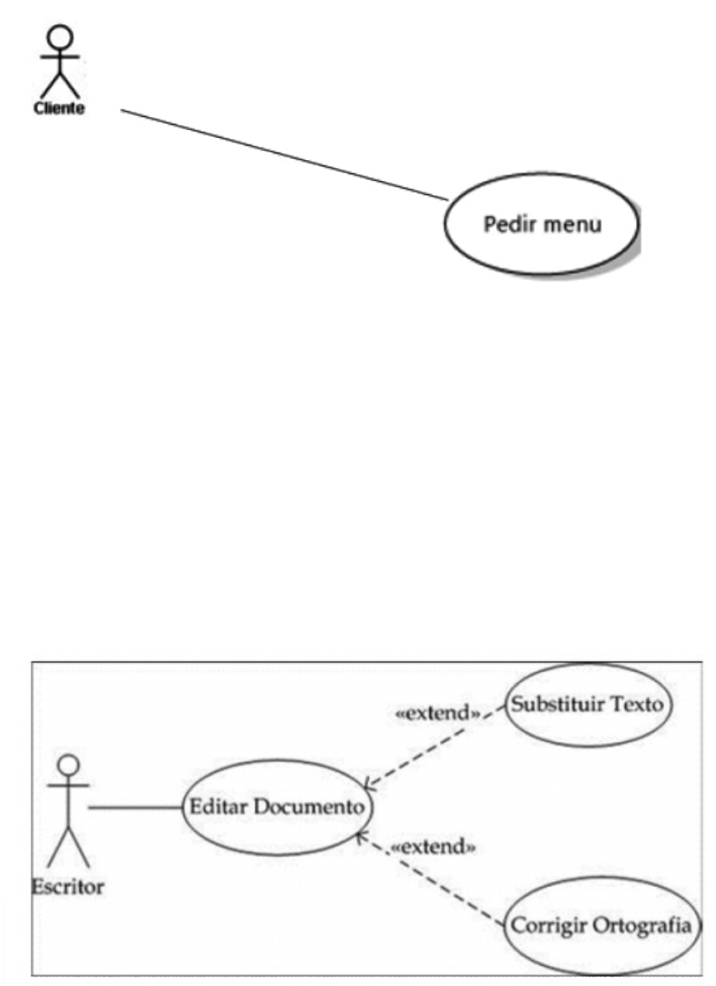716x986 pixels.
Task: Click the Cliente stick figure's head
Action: pos(59,37)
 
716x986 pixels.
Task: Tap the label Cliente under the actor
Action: pos(59,110)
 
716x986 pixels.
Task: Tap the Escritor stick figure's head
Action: pos(68,763)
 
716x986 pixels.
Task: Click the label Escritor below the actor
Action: pos(68,886)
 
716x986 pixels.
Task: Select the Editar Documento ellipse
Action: pos(276,807)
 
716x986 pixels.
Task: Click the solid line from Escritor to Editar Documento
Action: pos(134,807)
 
